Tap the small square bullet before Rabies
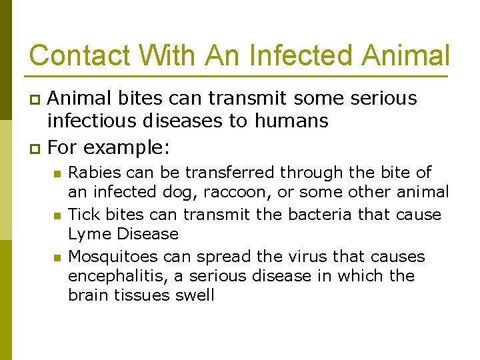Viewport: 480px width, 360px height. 58,174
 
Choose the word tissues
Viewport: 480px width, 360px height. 141,295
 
